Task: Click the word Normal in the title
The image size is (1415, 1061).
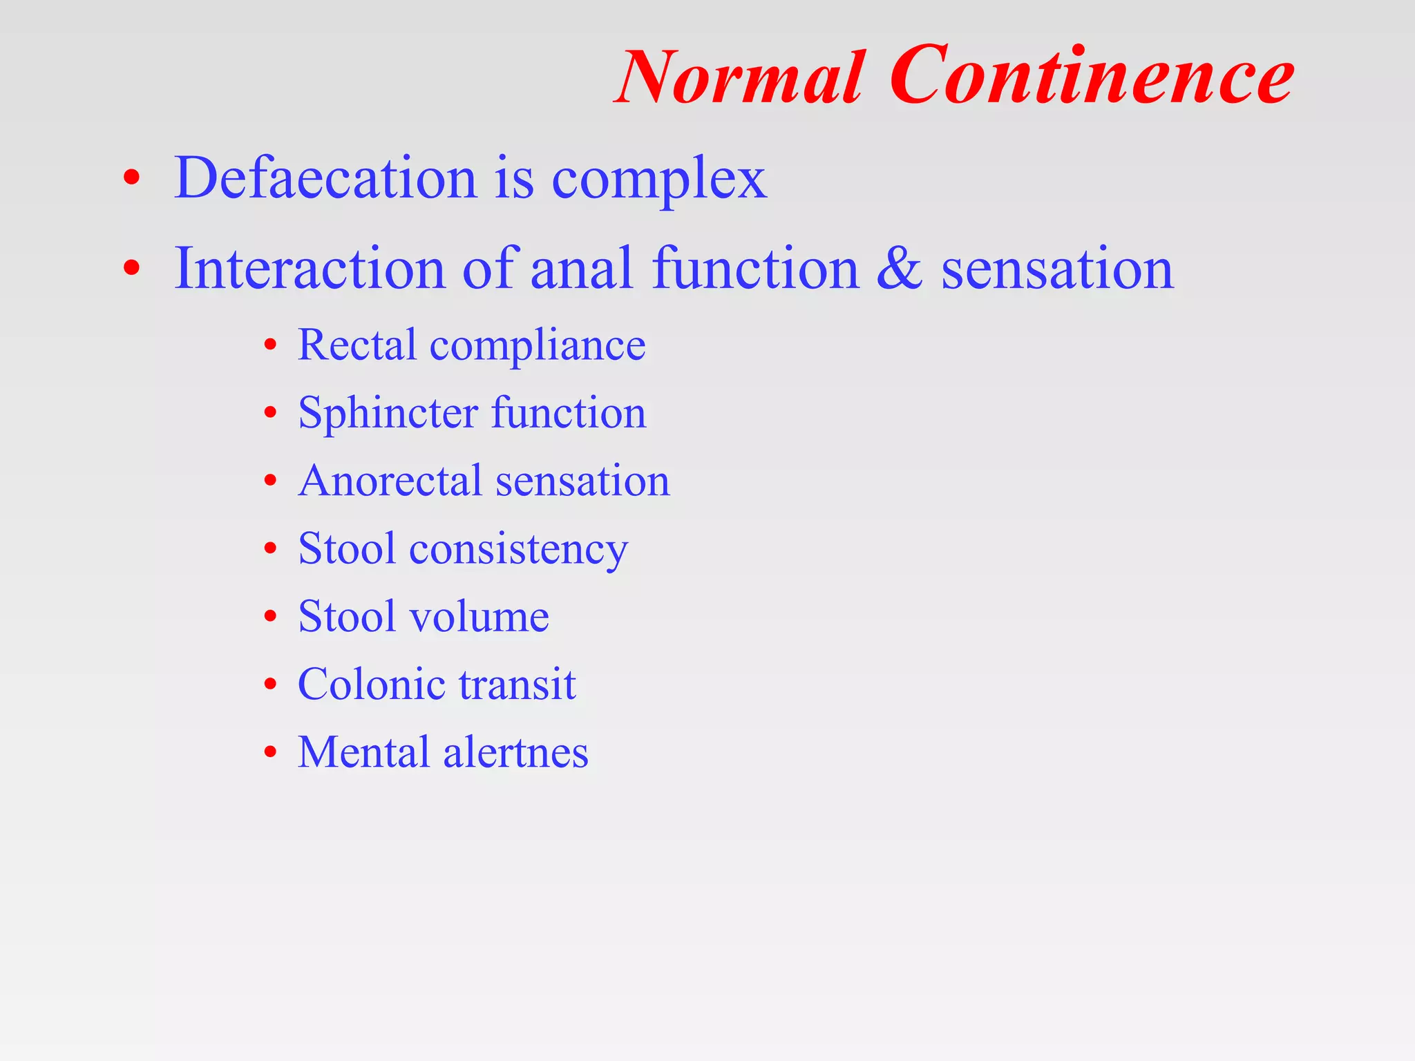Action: [739, 77]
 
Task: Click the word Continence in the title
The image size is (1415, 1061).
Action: [1092, 76]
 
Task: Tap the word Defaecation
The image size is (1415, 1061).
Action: [325, 178]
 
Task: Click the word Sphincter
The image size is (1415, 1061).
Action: [388, 413]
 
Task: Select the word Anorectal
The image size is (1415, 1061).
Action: [390, 480]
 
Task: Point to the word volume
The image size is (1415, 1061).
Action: [479, 615]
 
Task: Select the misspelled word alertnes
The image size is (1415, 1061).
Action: [515, 752]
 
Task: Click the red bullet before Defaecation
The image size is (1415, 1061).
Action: [131, 179]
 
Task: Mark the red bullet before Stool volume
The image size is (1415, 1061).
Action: [270, 616]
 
